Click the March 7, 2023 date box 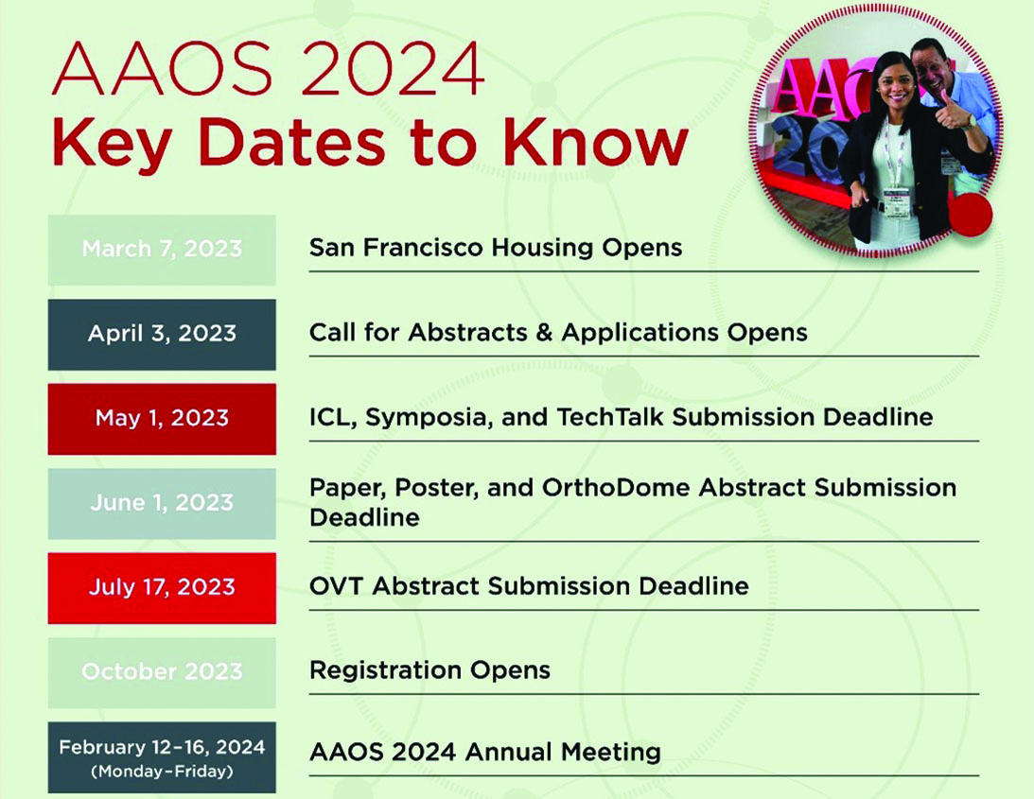[x=162, y=250]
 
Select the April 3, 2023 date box [x=162, y=334]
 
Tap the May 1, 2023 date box [x=162, y=419]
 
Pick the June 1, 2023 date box [x=162, y=504]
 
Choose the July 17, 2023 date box [x=162, y=588]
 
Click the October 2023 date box [x=162, y=672]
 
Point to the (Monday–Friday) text [x=162, y=772]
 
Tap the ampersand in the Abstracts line [x=544, y=332]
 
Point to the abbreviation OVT [x=336, y=586]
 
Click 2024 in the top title [x=392, y=69]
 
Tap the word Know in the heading [x=595, y=143]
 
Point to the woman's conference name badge [x=896, y=202]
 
